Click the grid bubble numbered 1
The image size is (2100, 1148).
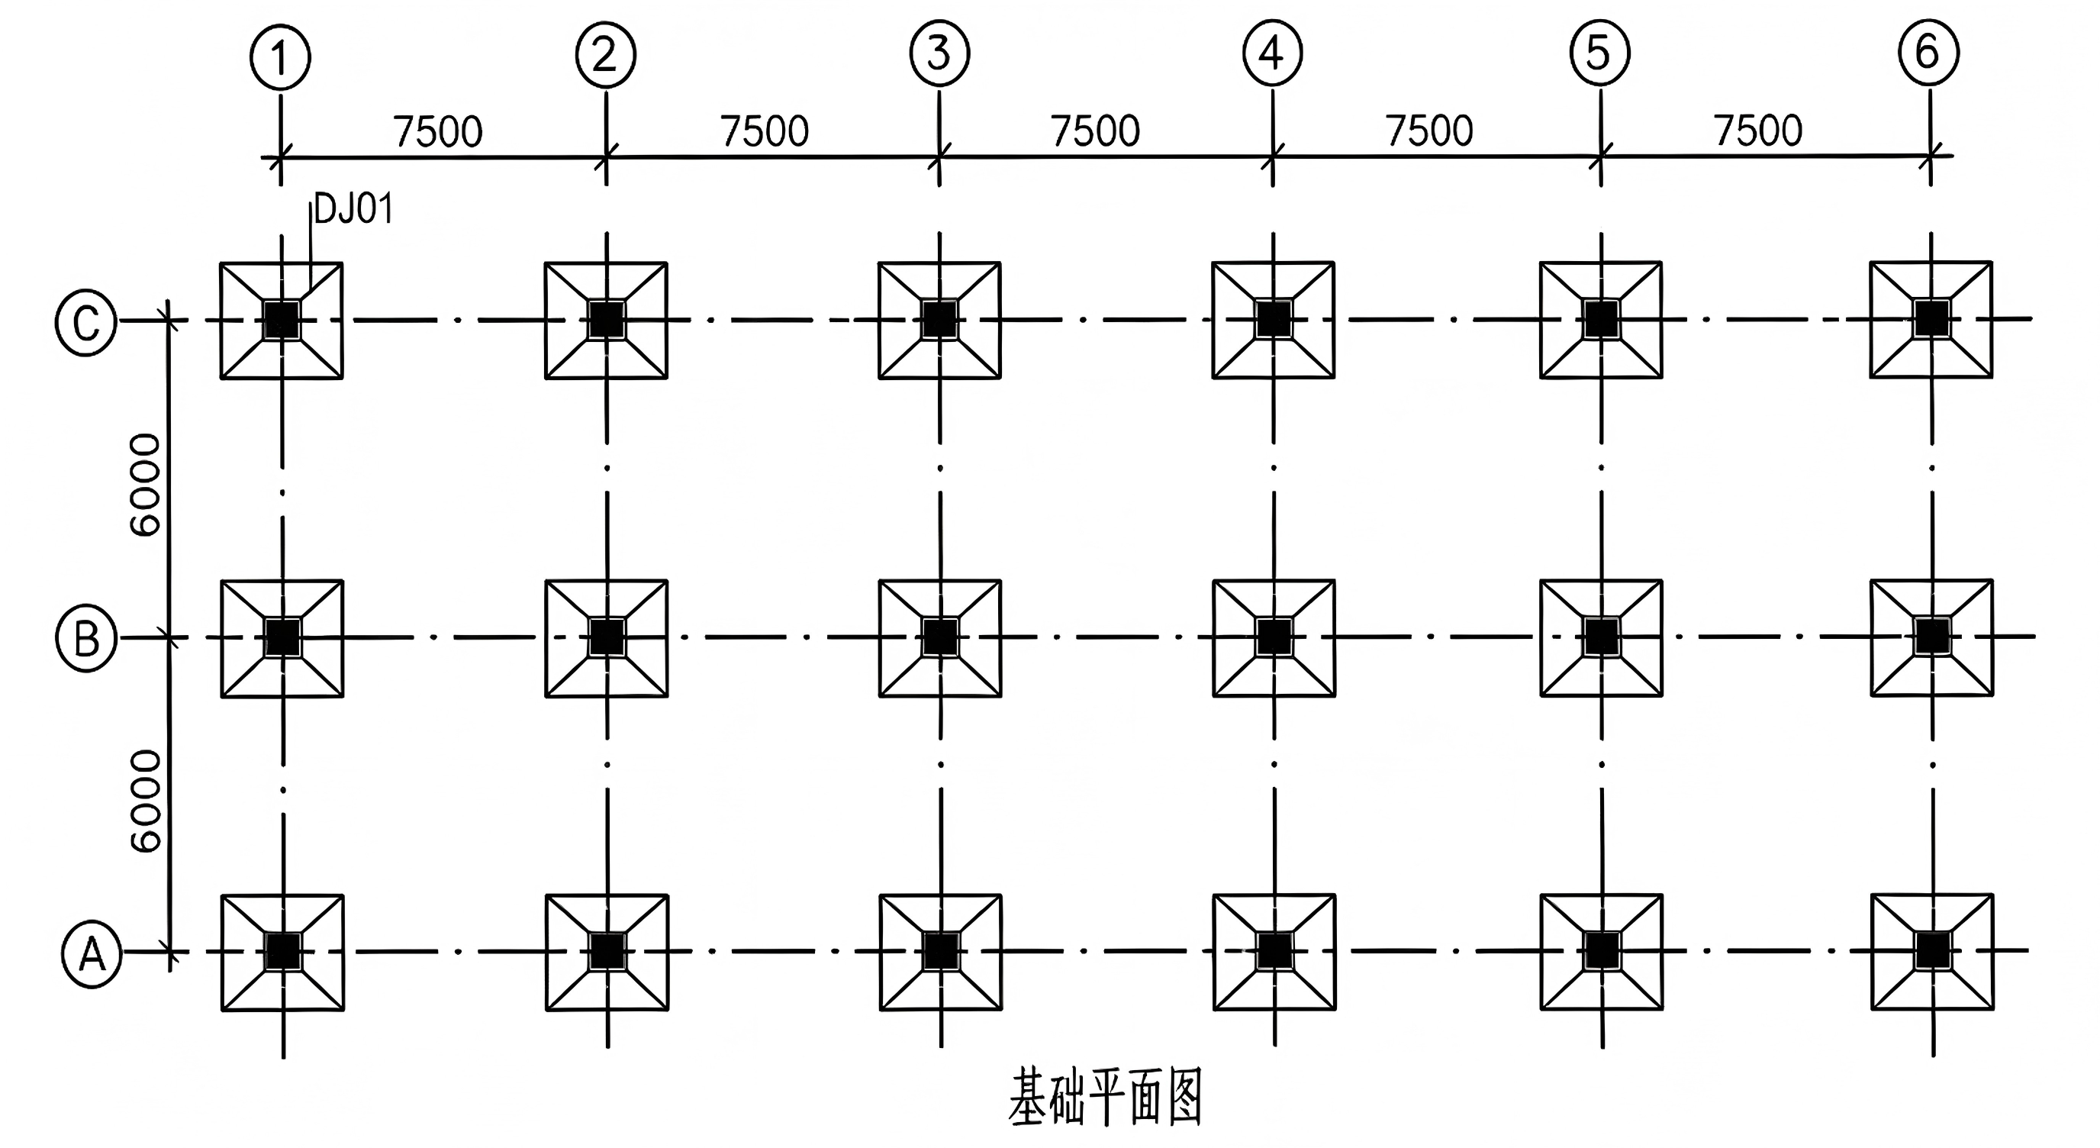279,58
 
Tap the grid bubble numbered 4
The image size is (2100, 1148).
1273,53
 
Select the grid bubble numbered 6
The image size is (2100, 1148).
1928,52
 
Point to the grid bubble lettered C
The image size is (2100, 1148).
85,322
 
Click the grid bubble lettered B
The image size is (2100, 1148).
86,638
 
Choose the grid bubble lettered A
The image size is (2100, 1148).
92,954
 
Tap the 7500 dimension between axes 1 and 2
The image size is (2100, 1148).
438,132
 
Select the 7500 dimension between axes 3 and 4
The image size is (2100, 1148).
1095,131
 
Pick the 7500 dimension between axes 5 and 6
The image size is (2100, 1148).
1757,131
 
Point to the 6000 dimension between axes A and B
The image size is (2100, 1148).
146,801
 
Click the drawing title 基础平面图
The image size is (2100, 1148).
1106,1098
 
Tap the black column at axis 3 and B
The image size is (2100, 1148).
940,637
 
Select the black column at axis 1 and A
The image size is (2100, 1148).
283,952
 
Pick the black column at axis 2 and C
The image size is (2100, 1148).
606,320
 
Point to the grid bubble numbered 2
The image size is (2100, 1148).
606,56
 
